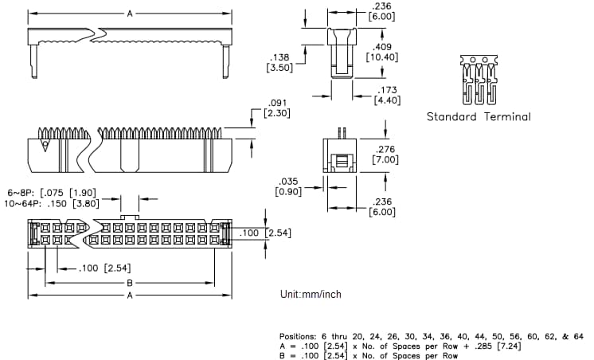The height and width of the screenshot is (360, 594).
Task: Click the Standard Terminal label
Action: pyautogui.click(x=478, y=116)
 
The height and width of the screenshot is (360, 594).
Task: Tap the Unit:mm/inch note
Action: pyautogui.click(x=311, y=294)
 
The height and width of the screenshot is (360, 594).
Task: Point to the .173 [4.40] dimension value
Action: pyautogui.click(x=388, y=95)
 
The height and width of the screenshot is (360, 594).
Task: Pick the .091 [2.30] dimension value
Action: pyautogui.click(x=276, y=108)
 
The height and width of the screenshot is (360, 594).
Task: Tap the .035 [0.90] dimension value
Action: pyautogui.click(x=287, y=186)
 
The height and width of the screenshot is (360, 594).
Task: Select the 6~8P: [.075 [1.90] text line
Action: pyautogui.click(x=52, y=193)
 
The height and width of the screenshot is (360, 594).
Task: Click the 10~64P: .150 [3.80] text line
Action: pyautogui.click(x=52, y=203)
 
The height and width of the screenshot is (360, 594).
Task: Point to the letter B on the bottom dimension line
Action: pyautogui.click(x=129, y=283)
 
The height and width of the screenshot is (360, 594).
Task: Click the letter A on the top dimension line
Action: pyautogui.click(x=129, y=14)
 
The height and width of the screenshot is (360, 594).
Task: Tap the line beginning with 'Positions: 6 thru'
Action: pyautogui.click(x=431, y=336)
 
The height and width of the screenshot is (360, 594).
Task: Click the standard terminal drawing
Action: pyautogui.click(x=478, y=79)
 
